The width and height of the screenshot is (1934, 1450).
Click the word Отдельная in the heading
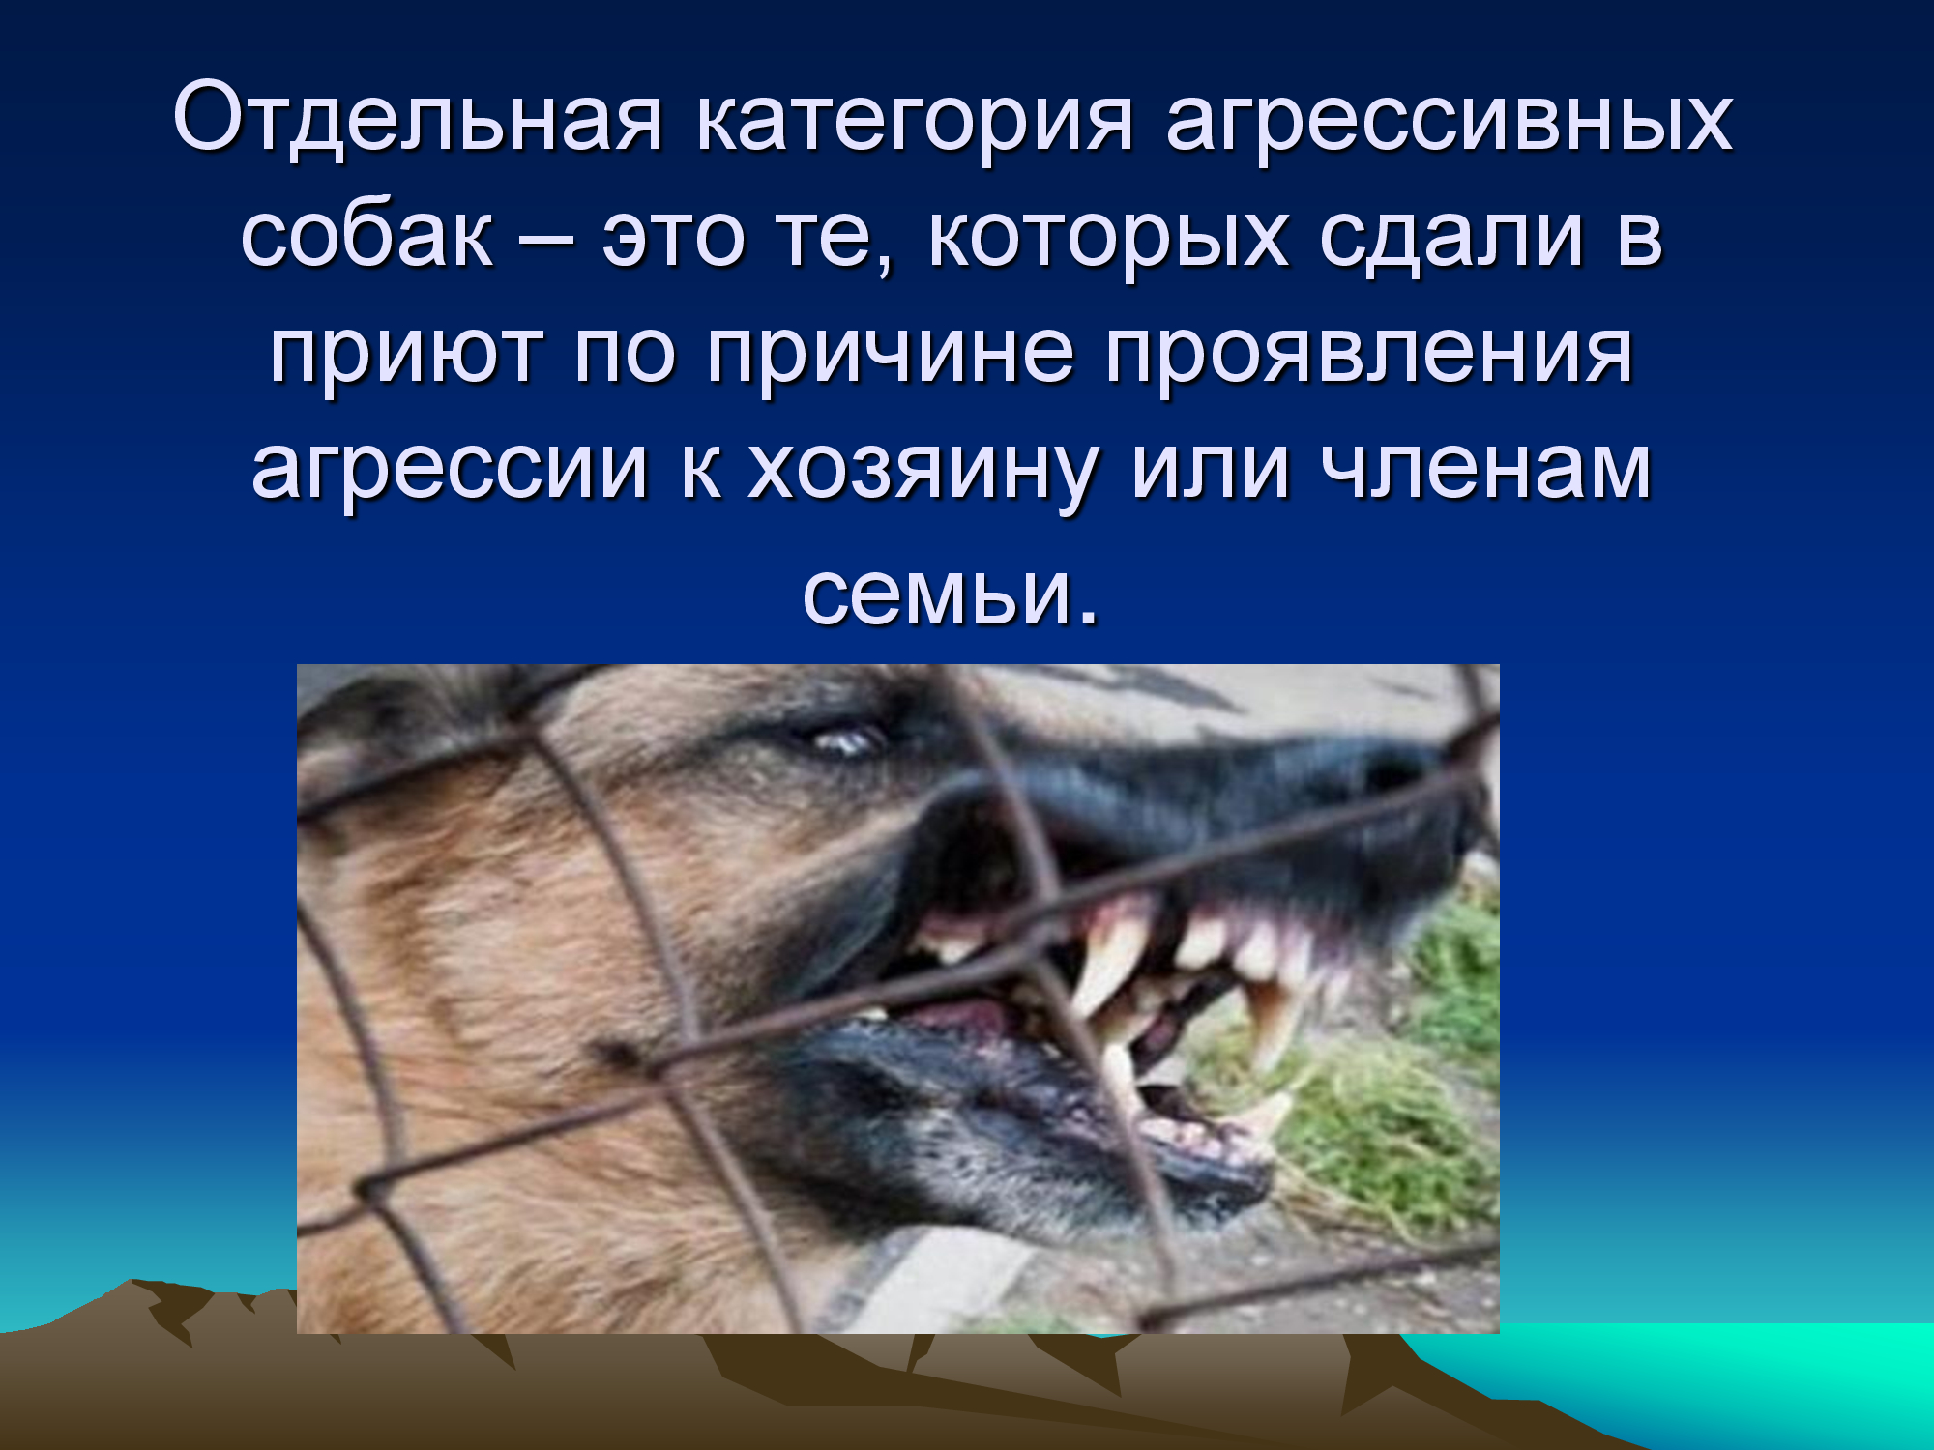tap(418, 120)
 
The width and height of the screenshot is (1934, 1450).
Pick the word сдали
tap(1452, 238)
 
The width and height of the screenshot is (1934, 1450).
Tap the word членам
tap(1487, 470)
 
